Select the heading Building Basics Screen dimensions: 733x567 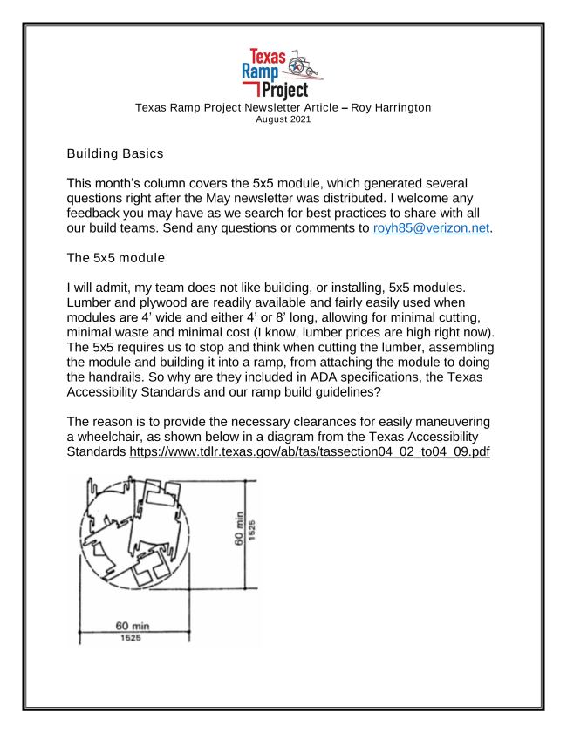115,153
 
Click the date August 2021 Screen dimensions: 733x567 283,119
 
